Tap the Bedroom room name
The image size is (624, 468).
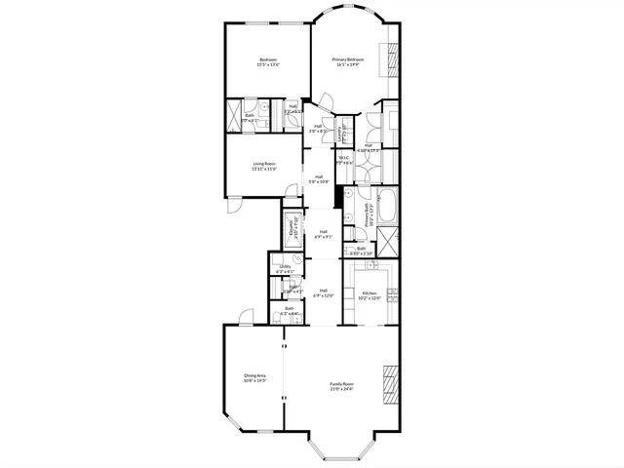click(268, 59)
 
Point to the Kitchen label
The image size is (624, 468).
click(370, 292)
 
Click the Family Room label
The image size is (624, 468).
click(341, 383)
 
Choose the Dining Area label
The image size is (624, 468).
click(255, 375)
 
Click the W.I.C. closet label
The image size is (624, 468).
click(344, 157)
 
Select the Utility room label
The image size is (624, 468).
click(286, 266)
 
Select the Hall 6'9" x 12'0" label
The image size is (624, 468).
click(323, 292)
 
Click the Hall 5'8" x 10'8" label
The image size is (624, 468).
click(319, 178)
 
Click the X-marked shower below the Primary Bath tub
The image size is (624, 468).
click(388, 238)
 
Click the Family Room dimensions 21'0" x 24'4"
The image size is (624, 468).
click(341, 389)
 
